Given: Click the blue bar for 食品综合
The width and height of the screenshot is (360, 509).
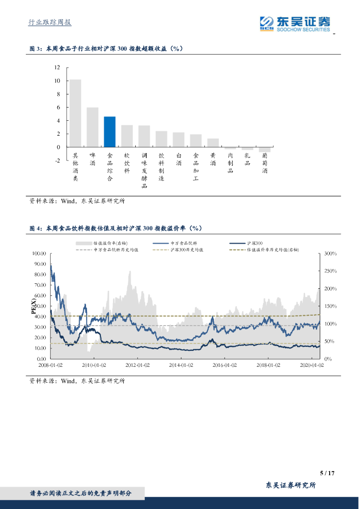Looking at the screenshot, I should (x=109, y=132).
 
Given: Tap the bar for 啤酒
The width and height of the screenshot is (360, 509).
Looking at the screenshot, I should (x=92, y=127).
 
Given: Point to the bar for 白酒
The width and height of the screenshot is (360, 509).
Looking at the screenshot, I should (x=179, y=140).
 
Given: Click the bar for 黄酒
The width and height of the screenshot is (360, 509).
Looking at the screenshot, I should (x=213, y=143).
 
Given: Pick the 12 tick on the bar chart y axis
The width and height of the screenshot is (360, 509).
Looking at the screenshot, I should (x=57, y=67).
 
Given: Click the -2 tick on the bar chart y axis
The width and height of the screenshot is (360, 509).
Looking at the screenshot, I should (x=57, y=161).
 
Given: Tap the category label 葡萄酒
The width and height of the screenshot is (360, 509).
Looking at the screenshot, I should (x=265, y=163).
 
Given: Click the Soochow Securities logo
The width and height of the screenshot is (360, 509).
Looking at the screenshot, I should (x=295, y=23).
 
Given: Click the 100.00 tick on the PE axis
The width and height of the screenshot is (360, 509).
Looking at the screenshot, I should (x=39, y=254).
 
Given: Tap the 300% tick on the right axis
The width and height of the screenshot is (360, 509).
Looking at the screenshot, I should (x=331, y=254).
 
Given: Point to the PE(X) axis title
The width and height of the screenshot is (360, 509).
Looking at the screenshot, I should (x=34, y=306).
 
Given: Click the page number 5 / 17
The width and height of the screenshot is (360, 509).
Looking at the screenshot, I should (x=327, y=473).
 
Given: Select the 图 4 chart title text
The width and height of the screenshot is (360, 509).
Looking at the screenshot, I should (x=115, y=228).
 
